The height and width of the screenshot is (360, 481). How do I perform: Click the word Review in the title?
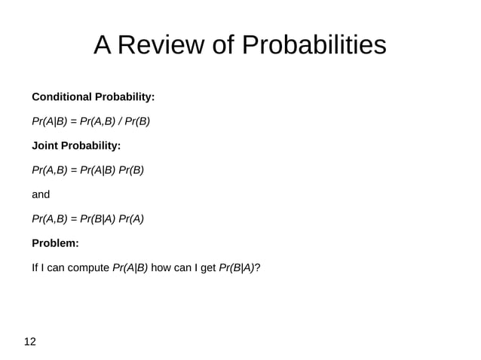pyautogui.click(x=161, y=46)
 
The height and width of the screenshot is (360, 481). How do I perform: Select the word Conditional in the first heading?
pyautogui.click(x=62, y=97)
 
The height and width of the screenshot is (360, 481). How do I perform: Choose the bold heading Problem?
pyautogui.click(x=55, y=243)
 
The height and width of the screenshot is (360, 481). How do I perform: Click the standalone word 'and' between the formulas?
pyautogui.click(x=41, y=194)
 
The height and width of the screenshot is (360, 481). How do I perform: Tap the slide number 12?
pyautogui.click(x=30, y=342)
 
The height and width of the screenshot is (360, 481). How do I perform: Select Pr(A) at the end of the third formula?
pyautogui.click(x=130, y=218)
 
